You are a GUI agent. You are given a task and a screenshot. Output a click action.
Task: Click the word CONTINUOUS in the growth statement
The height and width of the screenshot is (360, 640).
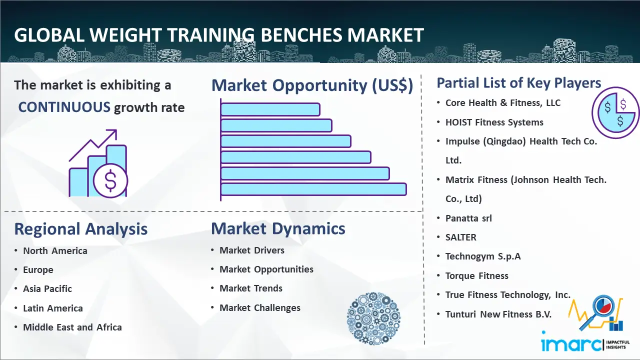(64, 107)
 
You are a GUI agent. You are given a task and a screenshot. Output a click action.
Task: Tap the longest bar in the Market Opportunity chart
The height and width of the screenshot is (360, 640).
(313, 189)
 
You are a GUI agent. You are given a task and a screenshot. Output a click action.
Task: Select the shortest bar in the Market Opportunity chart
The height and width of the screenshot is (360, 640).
(270, 109)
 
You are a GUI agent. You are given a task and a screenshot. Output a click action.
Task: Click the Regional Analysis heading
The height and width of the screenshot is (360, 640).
(81, 229)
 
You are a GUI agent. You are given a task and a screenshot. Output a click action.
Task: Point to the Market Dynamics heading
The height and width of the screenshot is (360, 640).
(278, 228)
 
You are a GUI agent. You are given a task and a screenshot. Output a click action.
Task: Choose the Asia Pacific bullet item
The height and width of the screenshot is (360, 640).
(47, 289)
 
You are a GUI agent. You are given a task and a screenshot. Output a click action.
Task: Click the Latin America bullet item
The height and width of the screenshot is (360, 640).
(53, 308)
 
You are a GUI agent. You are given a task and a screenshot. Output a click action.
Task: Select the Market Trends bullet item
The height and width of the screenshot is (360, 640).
(251, 288)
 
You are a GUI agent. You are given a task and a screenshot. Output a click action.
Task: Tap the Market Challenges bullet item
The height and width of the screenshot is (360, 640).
(260, 307)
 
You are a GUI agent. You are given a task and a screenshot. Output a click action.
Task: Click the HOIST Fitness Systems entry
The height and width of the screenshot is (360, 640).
(494, 122)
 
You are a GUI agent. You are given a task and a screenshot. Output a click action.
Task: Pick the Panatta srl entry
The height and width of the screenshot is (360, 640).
(468, 218)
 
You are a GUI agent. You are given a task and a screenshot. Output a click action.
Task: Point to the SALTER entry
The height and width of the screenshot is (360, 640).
(461, 237)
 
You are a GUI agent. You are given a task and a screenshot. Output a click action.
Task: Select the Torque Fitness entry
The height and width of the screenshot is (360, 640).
(477, 275)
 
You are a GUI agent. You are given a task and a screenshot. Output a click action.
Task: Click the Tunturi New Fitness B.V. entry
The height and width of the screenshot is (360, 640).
(498, 314)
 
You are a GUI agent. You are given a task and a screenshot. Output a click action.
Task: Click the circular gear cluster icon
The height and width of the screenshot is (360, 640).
(373, 318)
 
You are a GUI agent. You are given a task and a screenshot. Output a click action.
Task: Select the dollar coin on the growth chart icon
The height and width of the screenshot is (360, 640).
(110, 180)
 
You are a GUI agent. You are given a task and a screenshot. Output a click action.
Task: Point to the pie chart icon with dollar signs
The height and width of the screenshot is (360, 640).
(615, 112)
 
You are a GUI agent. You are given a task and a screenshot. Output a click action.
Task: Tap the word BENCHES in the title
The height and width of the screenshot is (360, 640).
(301, 35)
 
